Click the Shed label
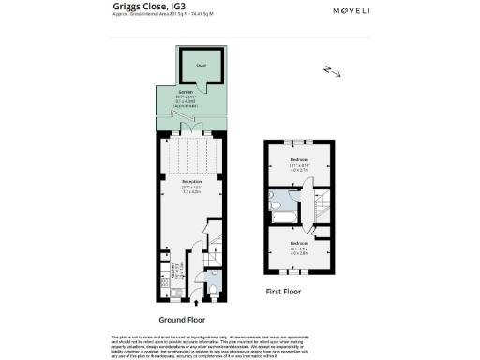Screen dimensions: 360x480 click(x=200, y=67)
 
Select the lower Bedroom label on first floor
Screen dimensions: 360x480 click(x=299, y=228)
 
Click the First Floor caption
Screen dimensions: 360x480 click(x=287, y=292)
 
